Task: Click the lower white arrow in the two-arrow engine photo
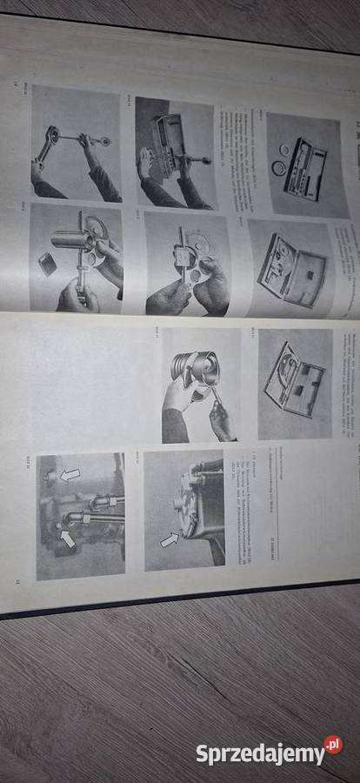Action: [67, 539]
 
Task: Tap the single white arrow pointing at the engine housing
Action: [170, 540]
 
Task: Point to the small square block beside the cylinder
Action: [48, 263]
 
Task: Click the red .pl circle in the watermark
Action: [333, 745]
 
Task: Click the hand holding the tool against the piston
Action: [220, 418]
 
